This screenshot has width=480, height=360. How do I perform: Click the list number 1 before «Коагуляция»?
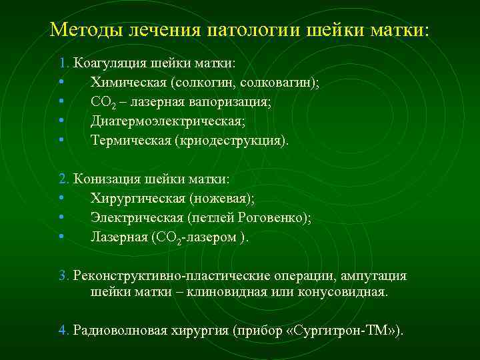click(x=62, y=63)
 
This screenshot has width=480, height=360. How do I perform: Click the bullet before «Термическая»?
click(x=61, y=141)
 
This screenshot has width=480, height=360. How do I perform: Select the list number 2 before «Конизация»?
click(x=62, y=179)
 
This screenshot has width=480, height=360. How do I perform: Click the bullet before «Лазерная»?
click(x=61, y=237)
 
